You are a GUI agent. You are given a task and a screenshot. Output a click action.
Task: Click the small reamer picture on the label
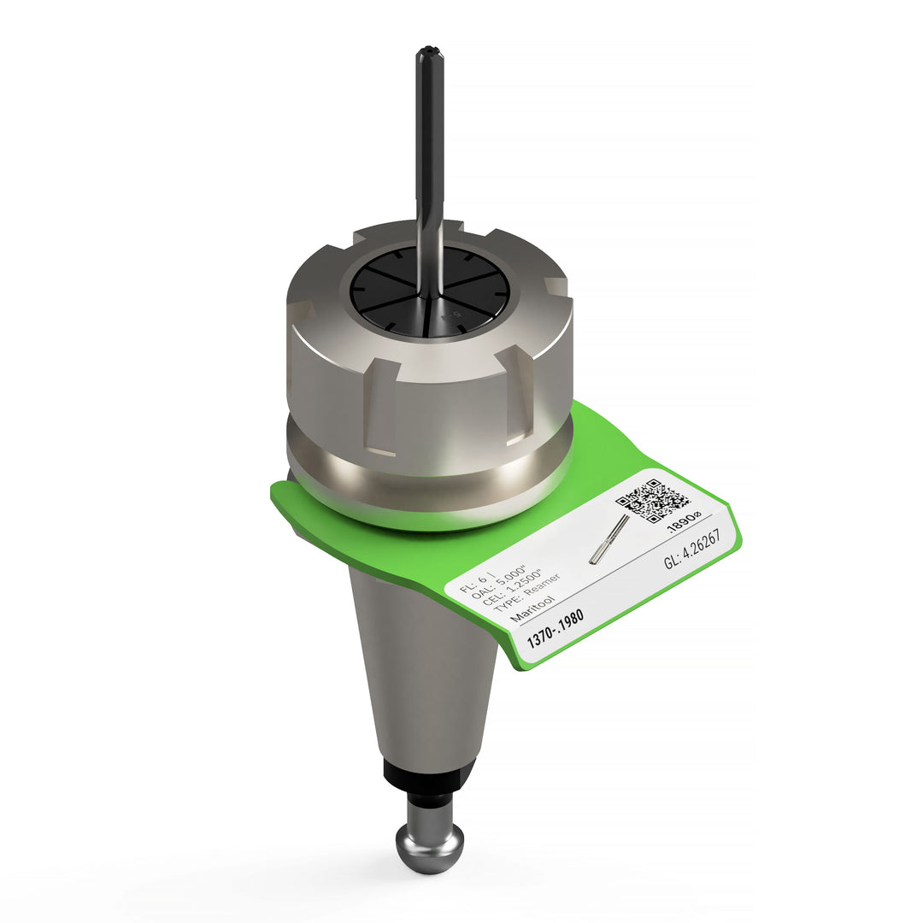point(608,539)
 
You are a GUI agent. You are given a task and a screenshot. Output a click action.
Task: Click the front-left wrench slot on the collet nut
point(382,406)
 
